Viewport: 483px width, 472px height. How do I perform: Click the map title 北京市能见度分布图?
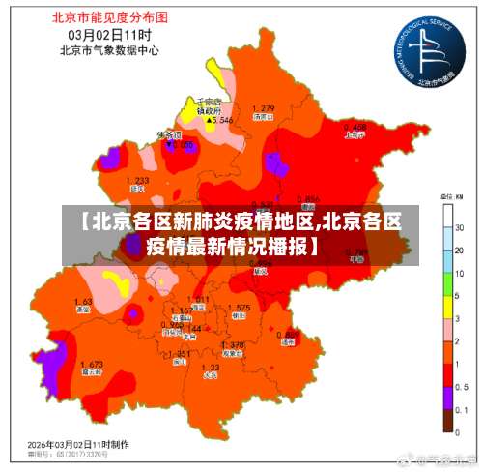[x=105, y=16]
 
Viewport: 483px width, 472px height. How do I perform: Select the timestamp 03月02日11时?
[x=105, y=33]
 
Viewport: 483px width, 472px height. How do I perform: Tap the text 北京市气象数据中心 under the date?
[x=105, y=48]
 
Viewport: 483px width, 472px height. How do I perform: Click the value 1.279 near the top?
[x=263, y=107]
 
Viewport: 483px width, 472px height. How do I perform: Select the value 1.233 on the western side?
[x=137, y=181]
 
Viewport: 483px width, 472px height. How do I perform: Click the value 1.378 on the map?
[x=232, y=344]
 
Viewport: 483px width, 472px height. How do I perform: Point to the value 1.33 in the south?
[x=210, y=367]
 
